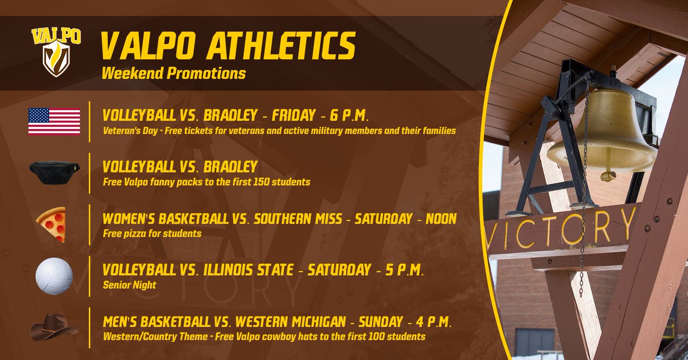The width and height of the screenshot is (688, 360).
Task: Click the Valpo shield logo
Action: click(56, 52)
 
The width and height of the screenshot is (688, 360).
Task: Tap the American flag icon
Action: click(54, 121)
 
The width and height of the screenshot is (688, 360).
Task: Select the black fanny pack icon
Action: click(54, 170)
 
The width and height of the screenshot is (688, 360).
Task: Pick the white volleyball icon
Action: click(54, 276)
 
